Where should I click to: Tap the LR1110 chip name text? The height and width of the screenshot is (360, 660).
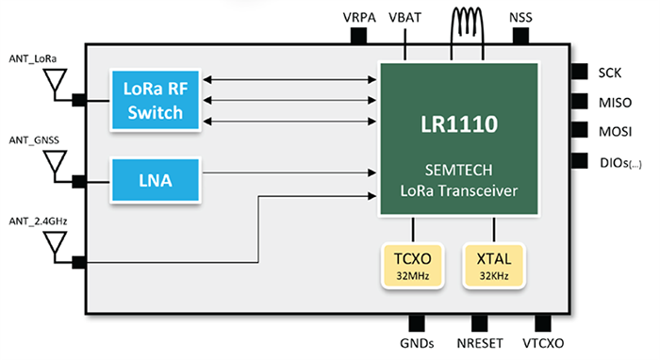click(x=460, y=123)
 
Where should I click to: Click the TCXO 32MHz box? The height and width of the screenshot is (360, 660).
click(x=413, y=265)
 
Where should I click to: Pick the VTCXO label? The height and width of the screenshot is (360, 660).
click(x=542, y=345)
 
